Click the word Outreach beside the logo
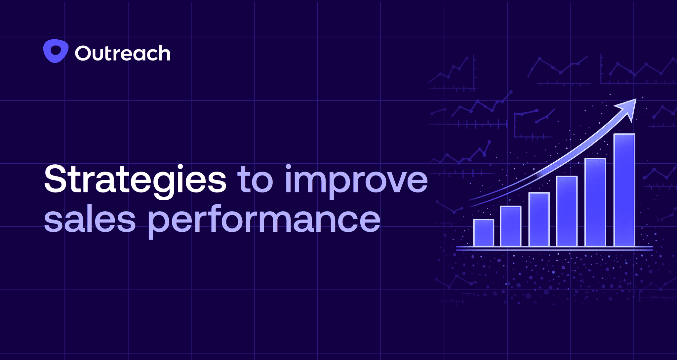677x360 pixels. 123,53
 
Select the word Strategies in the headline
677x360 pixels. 135,180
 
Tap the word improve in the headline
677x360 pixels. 356,181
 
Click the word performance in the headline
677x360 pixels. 264,221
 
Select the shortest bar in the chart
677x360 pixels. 484,233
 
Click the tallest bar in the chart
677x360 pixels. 624,190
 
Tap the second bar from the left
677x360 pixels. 511,226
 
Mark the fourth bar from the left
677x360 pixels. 567,211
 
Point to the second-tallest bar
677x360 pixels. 595,202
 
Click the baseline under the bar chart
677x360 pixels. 554,248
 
